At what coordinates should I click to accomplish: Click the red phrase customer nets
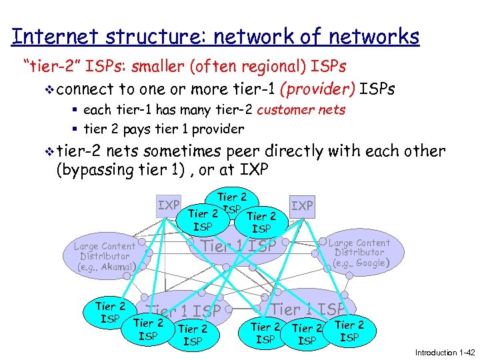[301, 110]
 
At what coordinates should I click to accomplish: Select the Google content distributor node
[359, 253]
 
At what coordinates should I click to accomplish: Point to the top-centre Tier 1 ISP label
[239, 246]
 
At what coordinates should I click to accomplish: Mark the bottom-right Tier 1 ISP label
[309, 309]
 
